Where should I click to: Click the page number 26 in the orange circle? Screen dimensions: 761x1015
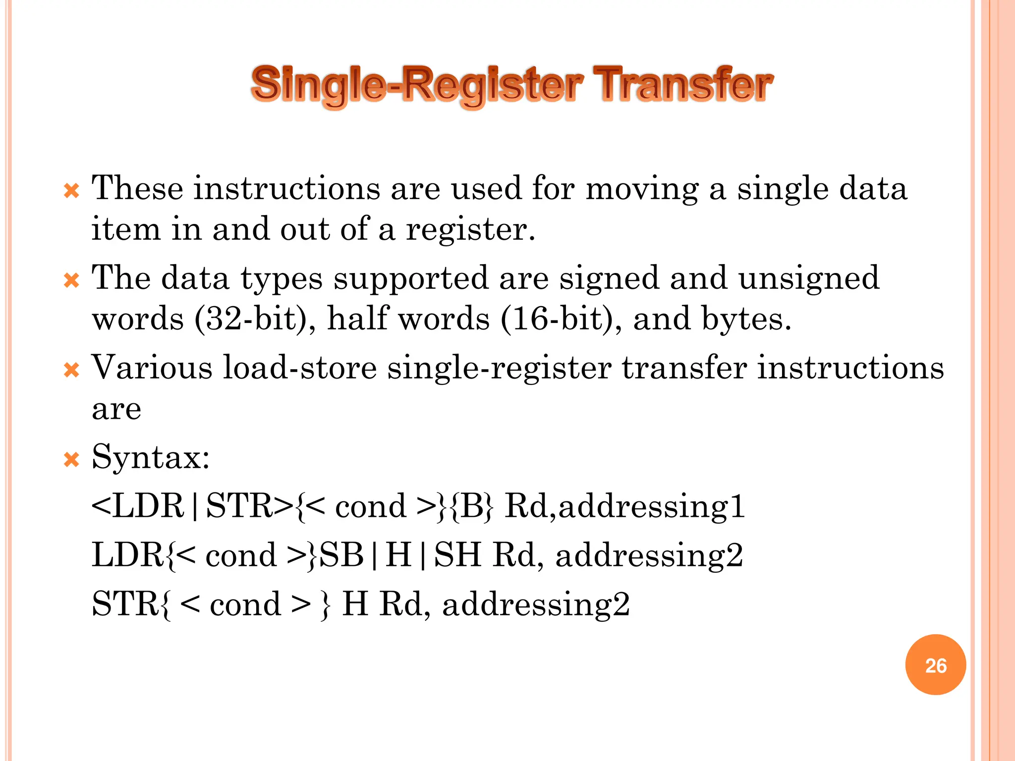935,665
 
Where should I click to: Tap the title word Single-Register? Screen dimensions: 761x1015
417,85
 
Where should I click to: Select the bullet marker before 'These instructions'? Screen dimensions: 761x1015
72,191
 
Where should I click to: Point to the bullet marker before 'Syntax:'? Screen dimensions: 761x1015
72,460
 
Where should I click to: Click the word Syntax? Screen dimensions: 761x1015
151,457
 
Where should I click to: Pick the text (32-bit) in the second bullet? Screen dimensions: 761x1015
255,319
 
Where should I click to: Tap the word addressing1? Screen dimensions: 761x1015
652,507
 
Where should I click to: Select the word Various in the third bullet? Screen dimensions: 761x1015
152,368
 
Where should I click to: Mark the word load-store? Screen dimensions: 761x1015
300,368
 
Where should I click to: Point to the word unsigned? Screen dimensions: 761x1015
809,278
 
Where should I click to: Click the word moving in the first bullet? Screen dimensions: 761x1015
642,190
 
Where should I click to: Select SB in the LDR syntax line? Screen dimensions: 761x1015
342,555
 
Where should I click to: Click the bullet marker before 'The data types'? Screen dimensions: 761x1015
72,281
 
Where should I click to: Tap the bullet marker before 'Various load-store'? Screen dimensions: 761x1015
72,371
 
